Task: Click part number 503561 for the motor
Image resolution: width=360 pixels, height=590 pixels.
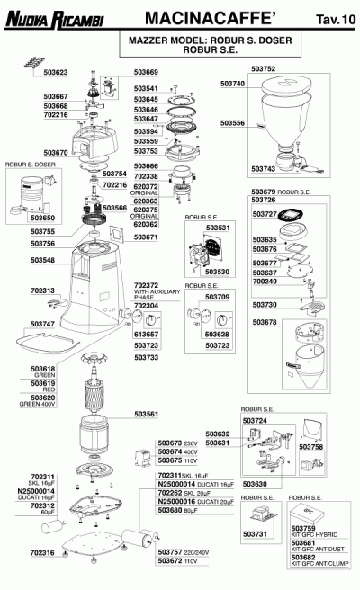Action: pos(147,414)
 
